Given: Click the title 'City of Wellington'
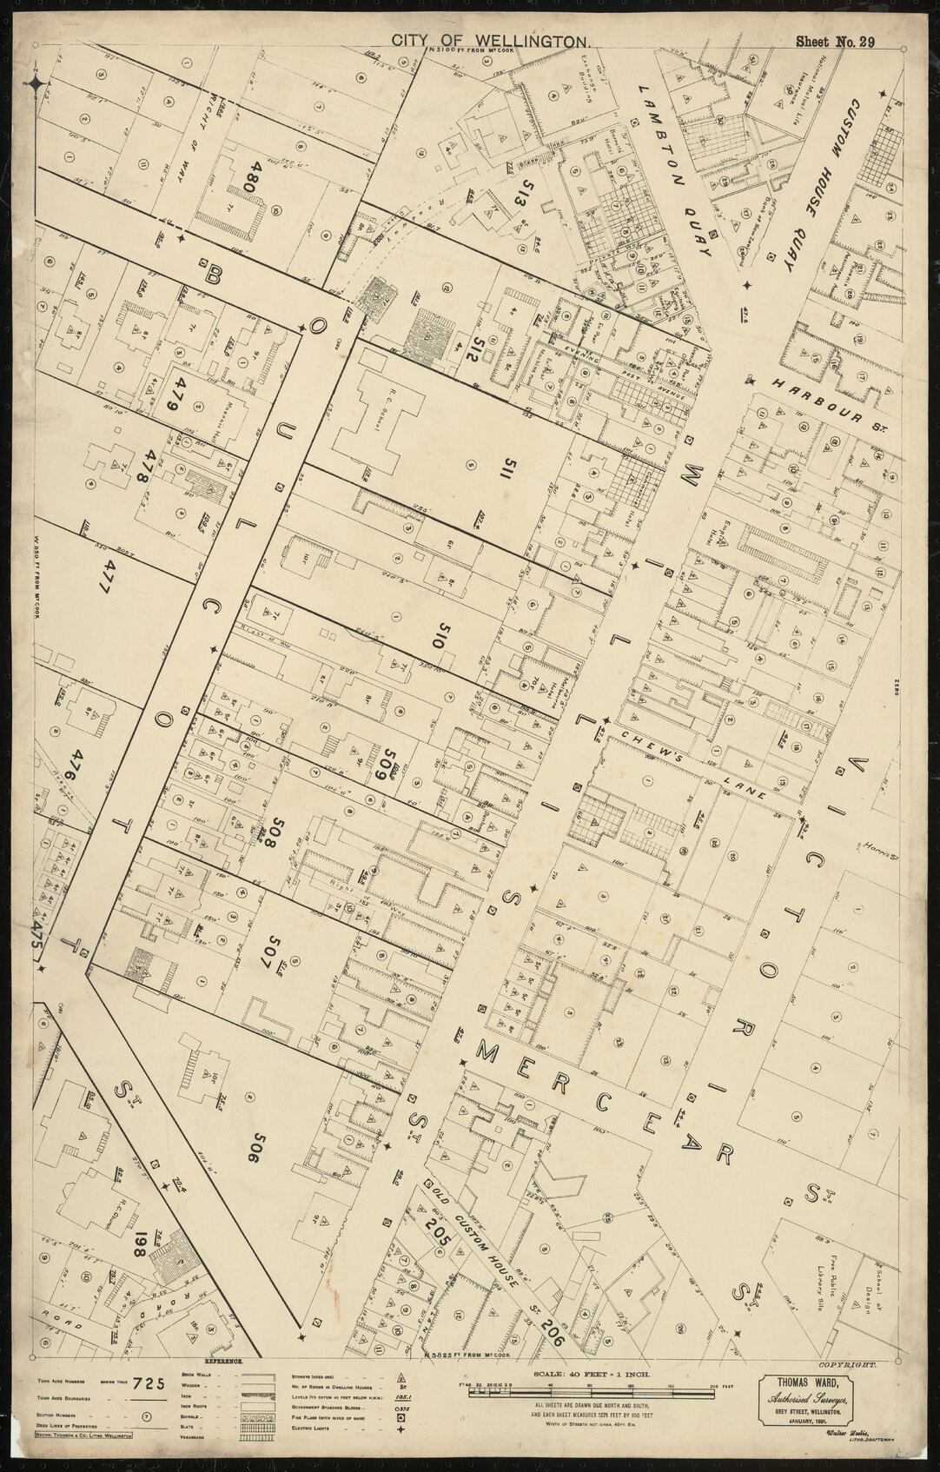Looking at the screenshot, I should (x=491, y=41).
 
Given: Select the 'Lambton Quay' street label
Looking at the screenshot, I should (x=674, y=171).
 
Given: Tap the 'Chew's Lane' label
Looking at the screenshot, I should (x=688, y=766).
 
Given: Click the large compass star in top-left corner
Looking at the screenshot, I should (x=36, y=83).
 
